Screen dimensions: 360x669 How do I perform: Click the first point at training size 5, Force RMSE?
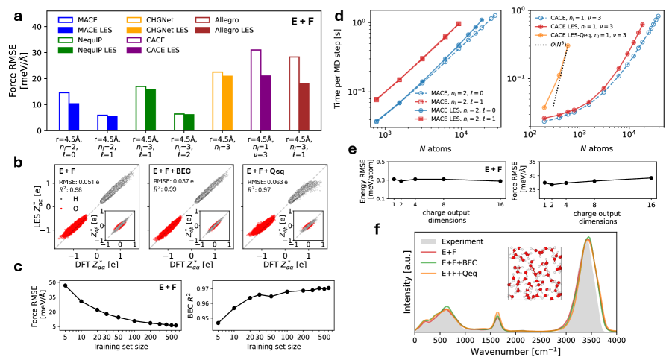point(65,285)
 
